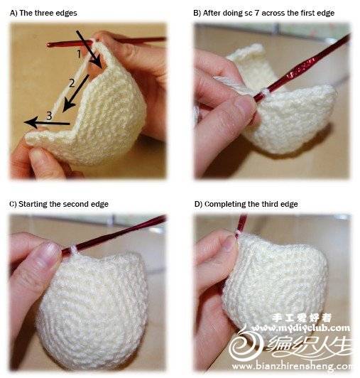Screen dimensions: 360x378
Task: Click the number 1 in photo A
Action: (x=79, y=54)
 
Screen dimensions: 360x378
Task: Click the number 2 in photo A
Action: (x=72, y=83)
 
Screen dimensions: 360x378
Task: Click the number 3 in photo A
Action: (x=49, y=116)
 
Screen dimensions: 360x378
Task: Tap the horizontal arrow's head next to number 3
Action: (x=31, y=122)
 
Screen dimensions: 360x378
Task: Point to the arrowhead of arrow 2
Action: (x=68, y=106)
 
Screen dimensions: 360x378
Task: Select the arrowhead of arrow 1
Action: (x=99, y=63)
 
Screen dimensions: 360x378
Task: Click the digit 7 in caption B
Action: (x=256, y=13)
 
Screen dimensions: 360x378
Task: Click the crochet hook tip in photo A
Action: (x=48, y=45)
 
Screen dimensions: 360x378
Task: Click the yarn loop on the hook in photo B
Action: (x=266, y=92)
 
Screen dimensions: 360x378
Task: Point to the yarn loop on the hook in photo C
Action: (x=74, y=250)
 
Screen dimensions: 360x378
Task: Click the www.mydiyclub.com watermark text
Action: (x=300, y=328)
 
